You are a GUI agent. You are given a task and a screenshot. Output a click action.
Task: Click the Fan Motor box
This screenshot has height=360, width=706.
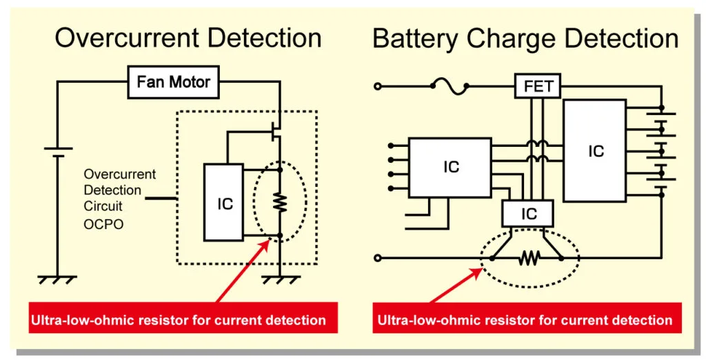click(173, 83)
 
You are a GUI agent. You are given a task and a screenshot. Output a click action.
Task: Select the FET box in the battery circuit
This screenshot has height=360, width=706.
click(538, 86)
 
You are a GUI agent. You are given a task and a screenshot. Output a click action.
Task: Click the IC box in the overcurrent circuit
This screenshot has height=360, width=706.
click(223, 203)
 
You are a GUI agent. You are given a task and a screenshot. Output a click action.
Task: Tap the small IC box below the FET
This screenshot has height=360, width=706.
click(529, 214)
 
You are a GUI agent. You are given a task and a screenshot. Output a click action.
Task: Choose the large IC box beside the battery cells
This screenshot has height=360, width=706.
click(595, 150)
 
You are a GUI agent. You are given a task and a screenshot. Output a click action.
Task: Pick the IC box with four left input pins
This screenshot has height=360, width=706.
click(450, 167)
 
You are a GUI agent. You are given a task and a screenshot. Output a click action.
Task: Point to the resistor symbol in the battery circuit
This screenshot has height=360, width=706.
click(529, 258)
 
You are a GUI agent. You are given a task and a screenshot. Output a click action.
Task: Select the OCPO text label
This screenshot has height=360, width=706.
click(103, 224)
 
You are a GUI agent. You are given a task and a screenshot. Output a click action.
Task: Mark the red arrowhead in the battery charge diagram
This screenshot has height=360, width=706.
click(485, 270)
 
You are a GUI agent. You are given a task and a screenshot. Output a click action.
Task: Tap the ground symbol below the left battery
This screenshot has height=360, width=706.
click(57, 279)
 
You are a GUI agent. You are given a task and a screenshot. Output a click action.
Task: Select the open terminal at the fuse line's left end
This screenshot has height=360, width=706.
click(377, 86)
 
